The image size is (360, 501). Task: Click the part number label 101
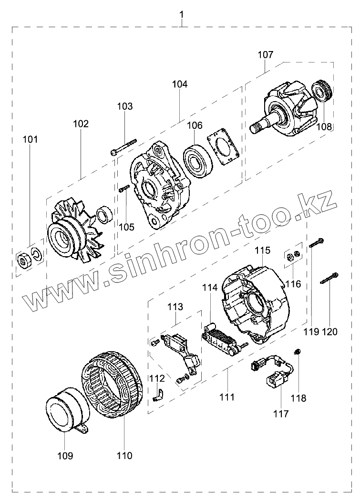30,140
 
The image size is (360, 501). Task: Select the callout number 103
125,106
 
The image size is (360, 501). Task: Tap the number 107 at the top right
266,55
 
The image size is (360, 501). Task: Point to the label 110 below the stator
124,456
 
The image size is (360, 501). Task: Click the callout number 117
281,414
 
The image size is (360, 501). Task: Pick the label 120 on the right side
329,331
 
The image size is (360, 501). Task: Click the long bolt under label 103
123,146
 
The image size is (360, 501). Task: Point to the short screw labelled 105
123,189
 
